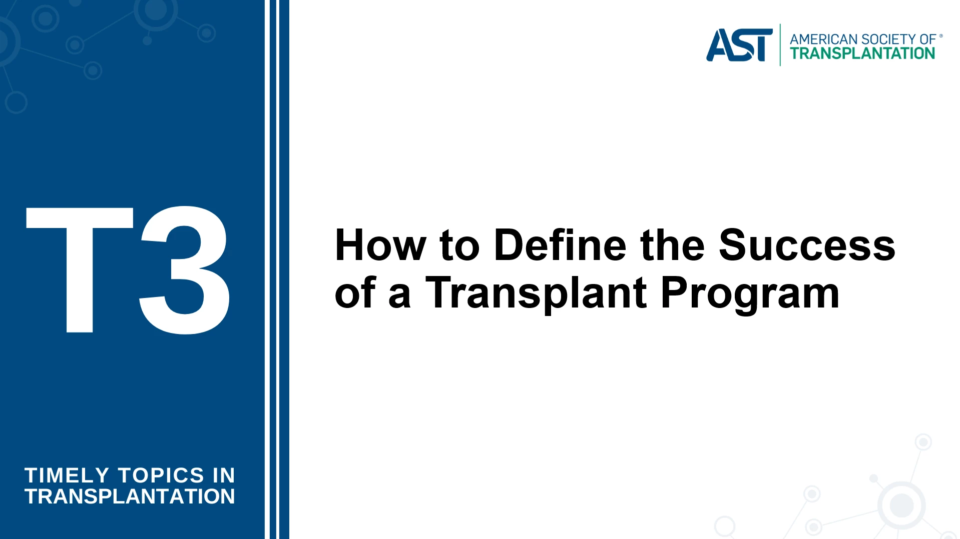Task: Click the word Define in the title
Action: point(560,245)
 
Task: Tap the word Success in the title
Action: point(807,245)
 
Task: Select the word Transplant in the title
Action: point(536,294)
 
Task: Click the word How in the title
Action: point(380,245)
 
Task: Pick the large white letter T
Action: point(80,269)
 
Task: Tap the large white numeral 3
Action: point(184,269)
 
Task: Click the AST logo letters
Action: point(739,45)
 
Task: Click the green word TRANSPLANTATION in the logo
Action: point(862,53)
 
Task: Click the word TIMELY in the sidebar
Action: point(67,475)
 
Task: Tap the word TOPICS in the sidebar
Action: point(161,475)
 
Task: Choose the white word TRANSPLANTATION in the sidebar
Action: point(130,496)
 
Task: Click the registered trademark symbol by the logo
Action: point(941,36)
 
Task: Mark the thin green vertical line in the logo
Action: point(780,45)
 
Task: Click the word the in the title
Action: point(672,245)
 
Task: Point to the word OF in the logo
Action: point(928,39)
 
